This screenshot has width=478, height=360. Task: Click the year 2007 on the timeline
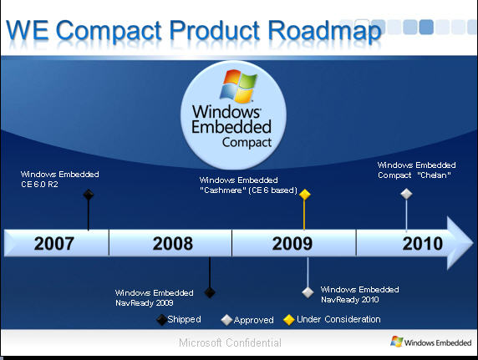(x=54, y=244)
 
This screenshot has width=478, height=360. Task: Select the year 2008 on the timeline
(x=173, y=244)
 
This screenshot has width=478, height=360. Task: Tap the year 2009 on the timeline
(x=292, y=244)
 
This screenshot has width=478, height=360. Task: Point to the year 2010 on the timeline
(x=423, y=244)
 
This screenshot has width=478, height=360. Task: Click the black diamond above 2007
(x=89, y=195)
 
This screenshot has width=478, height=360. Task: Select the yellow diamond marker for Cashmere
(x=304, y=194)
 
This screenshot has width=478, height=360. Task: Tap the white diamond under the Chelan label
(x=406, y=194)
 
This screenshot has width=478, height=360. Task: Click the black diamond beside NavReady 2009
(x=210, y=292)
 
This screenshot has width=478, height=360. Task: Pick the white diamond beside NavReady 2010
(x=308, y=292)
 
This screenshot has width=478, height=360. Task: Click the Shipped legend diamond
(x=161, y=320)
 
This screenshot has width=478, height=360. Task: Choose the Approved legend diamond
(x=226, y=320)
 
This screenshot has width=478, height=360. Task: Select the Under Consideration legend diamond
(x=288, y=320)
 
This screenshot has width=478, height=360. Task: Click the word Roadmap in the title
(x=325, y=31)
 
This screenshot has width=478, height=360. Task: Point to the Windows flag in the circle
(x=239, y=86)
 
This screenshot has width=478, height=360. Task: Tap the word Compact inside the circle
(x=247, y=142)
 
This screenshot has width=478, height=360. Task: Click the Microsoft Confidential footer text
(x=230, y=342)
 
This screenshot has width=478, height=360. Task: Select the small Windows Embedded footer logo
(x=430, y=342)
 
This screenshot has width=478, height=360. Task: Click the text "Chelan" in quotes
(x=434, y=175)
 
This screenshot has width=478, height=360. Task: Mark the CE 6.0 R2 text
(x=39, y=185)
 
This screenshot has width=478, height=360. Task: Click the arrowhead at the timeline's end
(x=460, y=243)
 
